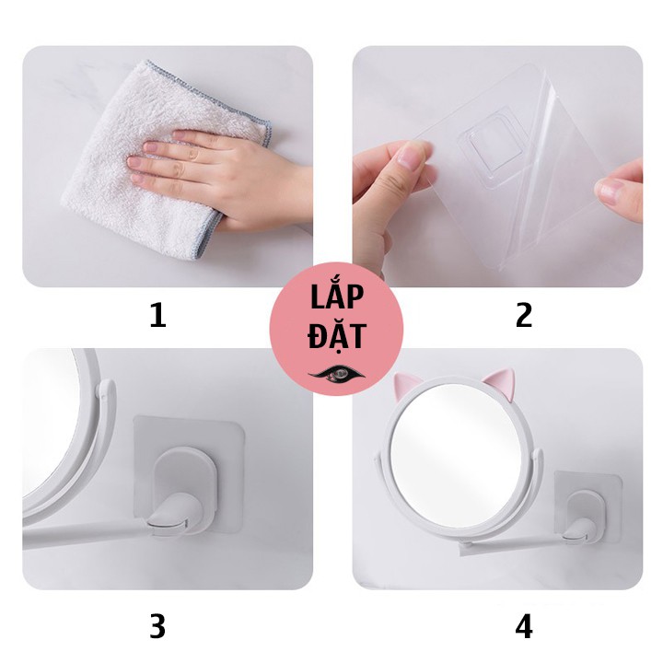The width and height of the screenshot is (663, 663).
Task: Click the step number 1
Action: click(x=158, y=316)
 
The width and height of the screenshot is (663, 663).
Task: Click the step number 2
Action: click(x=524, y=316)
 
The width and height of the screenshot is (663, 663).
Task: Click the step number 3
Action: click(x=157, y=627)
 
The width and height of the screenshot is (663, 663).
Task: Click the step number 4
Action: click(x=524, y=627)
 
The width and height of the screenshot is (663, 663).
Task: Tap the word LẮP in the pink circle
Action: click(x=337, y=297)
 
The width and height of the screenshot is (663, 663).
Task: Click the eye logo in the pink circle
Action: click(x=337, y=374)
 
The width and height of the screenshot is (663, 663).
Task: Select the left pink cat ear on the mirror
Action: click(x=404, y=384)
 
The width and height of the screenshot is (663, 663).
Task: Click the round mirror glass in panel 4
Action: click(x=456, y=462)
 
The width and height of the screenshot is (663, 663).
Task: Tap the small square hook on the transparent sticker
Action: click(x=494, y=144)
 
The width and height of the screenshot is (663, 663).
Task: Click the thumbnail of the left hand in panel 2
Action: click(x=410, y=156)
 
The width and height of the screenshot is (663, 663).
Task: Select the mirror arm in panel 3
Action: click(x=85, y=530)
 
